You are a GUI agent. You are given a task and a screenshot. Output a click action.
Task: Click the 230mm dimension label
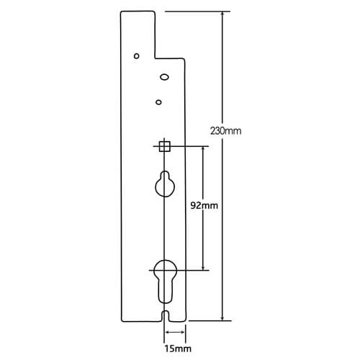226,131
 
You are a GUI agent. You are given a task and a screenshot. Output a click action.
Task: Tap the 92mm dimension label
204,206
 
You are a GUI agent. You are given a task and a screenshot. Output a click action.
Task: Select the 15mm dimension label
178,348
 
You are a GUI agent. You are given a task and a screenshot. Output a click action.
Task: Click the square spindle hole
165,146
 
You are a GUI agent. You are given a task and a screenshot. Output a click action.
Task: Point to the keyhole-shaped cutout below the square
165,184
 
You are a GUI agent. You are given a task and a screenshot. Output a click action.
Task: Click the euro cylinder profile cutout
165,282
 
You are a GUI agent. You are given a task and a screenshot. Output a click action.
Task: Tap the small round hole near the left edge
136,56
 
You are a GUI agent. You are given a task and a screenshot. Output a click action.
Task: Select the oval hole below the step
164,77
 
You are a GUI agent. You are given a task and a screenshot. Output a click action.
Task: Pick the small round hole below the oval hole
158,102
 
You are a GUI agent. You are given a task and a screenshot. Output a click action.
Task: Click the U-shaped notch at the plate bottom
165,315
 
